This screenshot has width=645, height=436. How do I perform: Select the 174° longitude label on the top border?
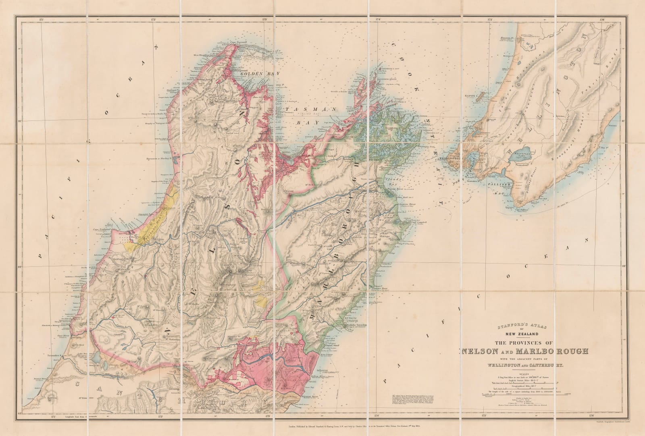pos(378,19)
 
